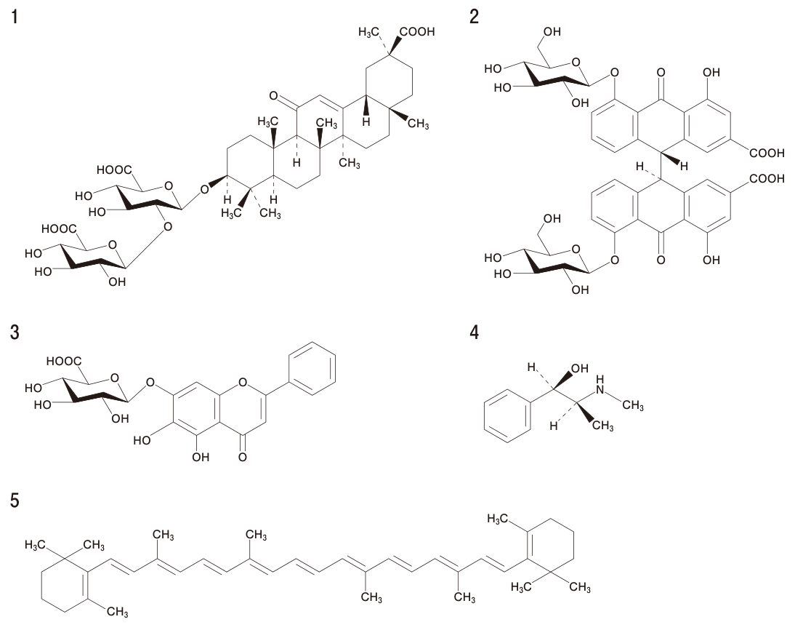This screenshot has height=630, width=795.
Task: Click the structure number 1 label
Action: coord(15,17)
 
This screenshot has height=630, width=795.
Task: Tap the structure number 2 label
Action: coord(474,17)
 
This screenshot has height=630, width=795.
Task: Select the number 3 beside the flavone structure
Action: coord(15,332)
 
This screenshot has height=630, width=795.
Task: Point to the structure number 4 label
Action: coord(475,332)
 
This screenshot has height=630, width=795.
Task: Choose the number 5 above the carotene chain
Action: coord(15,501)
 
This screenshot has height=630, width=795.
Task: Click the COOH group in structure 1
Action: coord(417,32)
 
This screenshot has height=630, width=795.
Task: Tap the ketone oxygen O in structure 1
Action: coord(274,95)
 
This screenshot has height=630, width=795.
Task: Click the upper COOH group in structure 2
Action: coord(767,153)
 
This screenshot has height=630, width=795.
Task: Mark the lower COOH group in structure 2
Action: coord(767,178)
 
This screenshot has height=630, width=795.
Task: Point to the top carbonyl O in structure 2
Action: coord(661,73)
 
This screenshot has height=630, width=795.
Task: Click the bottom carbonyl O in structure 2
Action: coord(661,260)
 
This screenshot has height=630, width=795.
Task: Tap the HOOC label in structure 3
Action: coord(64,362)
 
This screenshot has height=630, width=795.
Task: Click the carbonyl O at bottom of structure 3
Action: coord(243,457)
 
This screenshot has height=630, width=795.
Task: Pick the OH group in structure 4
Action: coord(580,368)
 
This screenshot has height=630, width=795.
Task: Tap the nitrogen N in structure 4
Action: coord(601,389)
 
